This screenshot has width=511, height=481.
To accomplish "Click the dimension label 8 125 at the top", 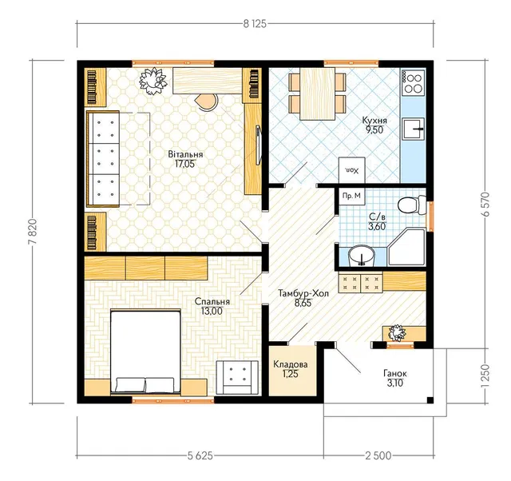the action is tap(255, 24).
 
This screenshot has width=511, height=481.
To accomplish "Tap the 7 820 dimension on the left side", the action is tap(33, 231).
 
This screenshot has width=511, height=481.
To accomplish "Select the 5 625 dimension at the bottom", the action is tap(200, 455).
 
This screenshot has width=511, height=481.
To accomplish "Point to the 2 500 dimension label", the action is tap(378, 455).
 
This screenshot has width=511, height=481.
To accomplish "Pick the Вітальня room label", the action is tap(185, 154).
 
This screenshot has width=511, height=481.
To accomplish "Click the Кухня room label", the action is tap(374, 120).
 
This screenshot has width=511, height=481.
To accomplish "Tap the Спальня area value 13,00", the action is tap(212, 312).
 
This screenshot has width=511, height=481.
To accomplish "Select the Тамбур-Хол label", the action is tap(303, 293).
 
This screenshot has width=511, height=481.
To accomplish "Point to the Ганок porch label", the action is tap(395, 373).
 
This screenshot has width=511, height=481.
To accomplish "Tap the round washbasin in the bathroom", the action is tap(362, 256).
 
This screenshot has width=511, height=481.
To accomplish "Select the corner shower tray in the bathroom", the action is tap(407, 247).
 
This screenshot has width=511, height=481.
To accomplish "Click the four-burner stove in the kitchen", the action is tap(414, 83).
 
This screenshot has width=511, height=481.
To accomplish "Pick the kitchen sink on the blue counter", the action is tap(414, 129).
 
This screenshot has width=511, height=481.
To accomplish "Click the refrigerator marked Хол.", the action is tap(352, 170).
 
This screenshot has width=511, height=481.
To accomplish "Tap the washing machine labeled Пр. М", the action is tap(352, 197).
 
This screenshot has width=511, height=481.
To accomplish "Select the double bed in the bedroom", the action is tap(145, 352).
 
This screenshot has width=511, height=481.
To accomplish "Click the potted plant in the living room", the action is tap(153, 81).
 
